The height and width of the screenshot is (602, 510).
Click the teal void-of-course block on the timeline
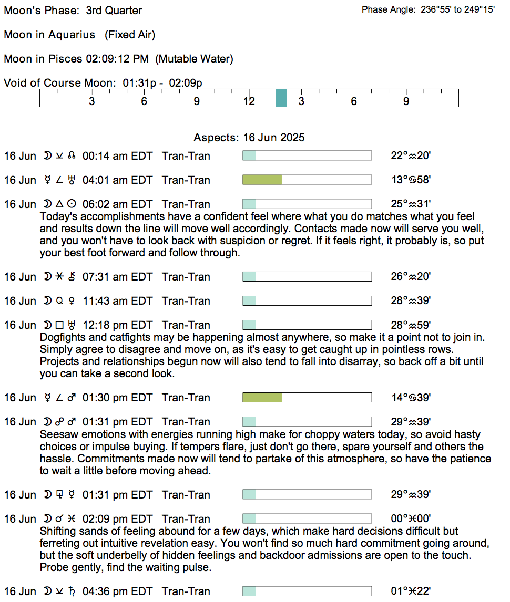tap(281, 98)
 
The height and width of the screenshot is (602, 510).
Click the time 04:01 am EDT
tap(117, 180)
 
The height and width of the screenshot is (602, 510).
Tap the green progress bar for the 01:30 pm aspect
tap(262, 398)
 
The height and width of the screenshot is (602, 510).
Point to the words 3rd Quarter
tap(114, 11)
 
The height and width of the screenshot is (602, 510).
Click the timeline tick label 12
tap(249, 101)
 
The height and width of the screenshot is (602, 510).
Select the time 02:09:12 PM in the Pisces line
tap(117, 59)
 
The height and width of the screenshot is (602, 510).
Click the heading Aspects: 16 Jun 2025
tap(249, 138)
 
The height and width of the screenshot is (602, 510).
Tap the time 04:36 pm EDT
tap(117, 591)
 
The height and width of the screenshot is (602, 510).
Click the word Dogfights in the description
tap(62, 337)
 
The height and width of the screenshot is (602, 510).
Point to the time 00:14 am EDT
tap(117, 156)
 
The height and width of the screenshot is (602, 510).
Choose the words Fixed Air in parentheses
tap(129, 35)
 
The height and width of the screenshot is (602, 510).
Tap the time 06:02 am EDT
tap(117, 204)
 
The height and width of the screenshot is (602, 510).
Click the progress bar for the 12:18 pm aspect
tap(307, 325)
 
